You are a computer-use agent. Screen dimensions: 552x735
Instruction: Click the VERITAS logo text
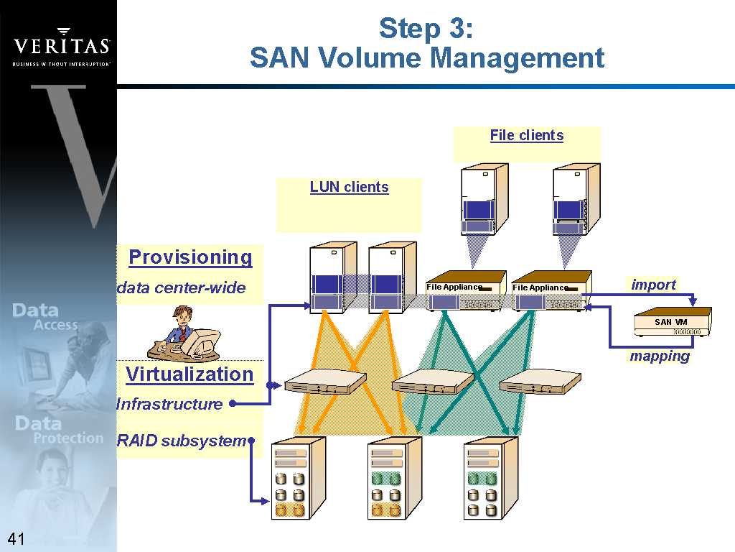pyautogui.click(x=61, y=47)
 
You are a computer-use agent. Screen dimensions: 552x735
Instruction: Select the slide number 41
pyautogui.click(x=16, y=539)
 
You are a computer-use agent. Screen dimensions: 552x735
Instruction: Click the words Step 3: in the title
pyautogui.click(x=426, y=29)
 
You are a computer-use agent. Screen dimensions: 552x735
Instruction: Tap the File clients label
pyautogui.click(x=526, y=136)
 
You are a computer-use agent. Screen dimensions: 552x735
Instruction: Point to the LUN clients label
pyautogui.click(x=349, y=188)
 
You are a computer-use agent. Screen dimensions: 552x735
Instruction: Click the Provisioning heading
pyautogui.click(x=190, y=257)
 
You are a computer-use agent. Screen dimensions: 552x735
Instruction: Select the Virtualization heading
pyautogui.click(x=189, y=374)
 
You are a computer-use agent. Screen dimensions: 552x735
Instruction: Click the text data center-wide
pyautogui.click(x=181, y=289)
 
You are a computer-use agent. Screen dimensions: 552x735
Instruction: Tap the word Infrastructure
pyautogui.click(x=169, y=404)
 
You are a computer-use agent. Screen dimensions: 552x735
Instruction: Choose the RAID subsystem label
pyautogui.click(x=181, y=441)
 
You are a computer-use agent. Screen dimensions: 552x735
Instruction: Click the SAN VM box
pyautogui.click(x=673, y=322)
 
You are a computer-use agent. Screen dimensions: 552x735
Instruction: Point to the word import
pyautogui.click(x=653, y=285)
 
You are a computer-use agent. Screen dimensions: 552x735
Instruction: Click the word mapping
pyautogui.click(x=660, y=356)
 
